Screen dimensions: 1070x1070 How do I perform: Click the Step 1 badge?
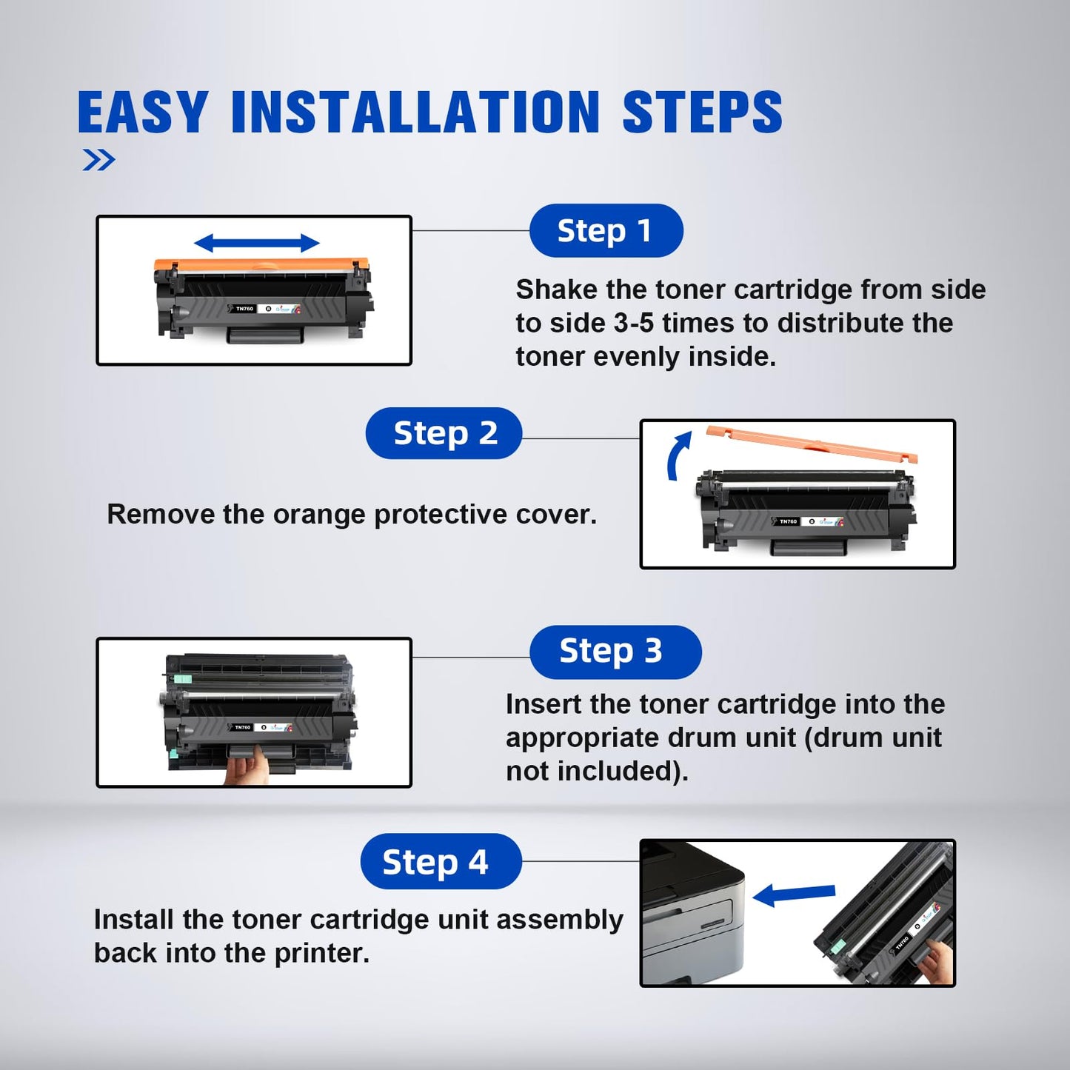[606, 231]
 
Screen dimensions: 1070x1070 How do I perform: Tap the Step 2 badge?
[444, 433]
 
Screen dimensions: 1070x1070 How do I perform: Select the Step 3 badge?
[615, 652]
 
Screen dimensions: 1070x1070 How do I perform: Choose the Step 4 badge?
[441, 861]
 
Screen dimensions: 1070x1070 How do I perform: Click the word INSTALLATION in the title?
[415, 113]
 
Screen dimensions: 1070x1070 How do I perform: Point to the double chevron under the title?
[98, 160]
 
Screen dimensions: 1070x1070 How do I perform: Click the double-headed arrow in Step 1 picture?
[256, 243]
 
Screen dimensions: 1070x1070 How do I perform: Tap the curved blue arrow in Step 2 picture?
[678, 455]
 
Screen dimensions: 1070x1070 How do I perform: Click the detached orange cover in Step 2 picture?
[811, 444]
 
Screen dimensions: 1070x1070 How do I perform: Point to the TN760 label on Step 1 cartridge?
[244, 309]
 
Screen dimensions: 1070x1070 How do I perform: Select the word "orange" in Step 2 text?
[320, 515]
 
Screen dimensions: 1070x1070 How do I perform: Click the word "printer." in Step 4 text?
[322, 954]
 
